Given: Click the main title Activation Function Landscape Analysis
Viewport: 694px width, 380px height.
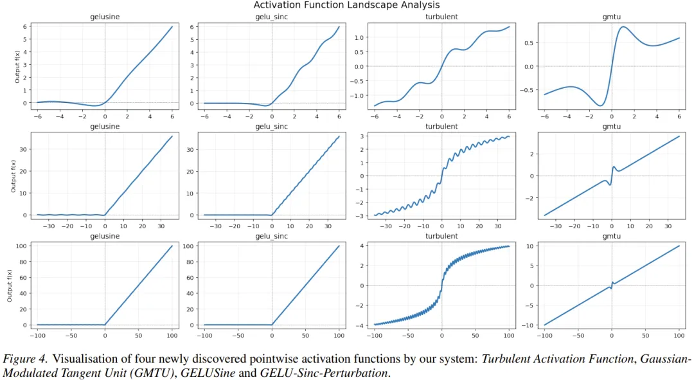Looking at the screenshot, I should click(346, 5).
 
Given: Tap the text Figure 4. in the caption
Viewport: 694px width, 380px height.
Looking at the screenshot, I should click(25, 359).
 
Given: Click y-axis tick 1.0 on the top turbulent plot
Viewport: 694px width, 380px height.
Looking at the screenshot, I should click(360, 37).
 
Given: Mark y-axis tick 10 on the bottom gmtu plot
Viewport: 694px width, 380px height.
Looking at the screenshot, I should click(531, 246).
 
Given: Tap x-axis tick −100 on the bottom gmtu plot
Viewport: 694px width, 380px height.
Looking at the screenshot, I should click(544, 335).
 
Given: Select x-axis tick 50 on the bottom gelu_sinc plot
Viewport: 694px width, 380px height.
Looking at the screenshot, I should click(305, 335).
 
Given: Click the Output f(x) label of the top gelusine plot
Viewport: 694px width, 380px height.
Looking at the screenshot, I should click(17, 65).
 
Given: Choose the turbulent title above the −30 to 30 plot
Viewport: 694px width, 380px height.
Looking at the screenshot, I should click(441, 127).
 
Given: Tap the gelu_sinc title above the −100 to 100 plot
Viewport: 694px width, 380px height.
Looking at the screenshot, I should click(271, 236).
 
